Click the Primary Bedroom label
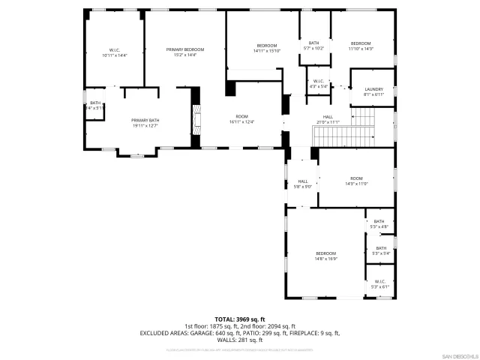coord(184,52)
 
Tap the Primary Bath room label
coord(145,123)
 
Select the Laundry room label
coord(373,91)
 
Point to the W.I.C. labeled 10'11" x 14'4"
coord(115,52)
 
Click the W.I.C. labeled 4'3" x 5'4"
coord(318,83)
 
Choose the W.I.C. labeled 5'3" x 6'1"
coord(380,284)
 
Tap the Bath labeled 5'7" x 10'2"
coord(313,46)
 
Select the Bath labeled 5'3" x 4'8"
coord(379,223)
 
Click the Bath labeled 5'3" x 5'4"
coord(380,250)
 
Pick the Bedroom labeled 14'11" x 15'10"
coord(266,48)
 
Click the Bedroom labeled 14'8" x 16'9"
coord(325,256)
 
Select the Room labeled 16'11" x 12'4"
coord(241,119)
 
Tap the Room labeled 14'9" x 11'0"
coord(356,181)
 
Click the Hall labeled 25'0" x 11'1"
coord(328,119)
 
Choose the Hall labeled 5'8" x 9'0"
coord(303,184)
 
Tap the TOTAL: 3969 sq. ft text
coord(240,319)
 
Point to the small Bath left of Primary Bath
coord(95,105)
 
